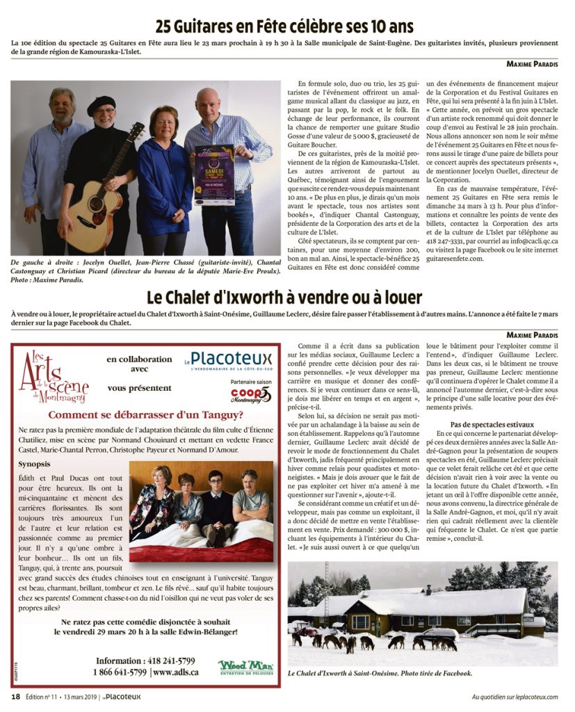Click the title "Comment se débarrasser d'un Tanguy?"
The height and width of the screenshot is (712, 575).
145,415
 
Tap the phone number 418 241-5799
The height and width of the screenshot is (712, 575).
145,661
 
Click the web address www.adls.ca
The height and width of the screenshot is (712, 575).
175,672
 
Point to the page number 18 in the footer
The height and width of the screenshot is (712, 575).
15,696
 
